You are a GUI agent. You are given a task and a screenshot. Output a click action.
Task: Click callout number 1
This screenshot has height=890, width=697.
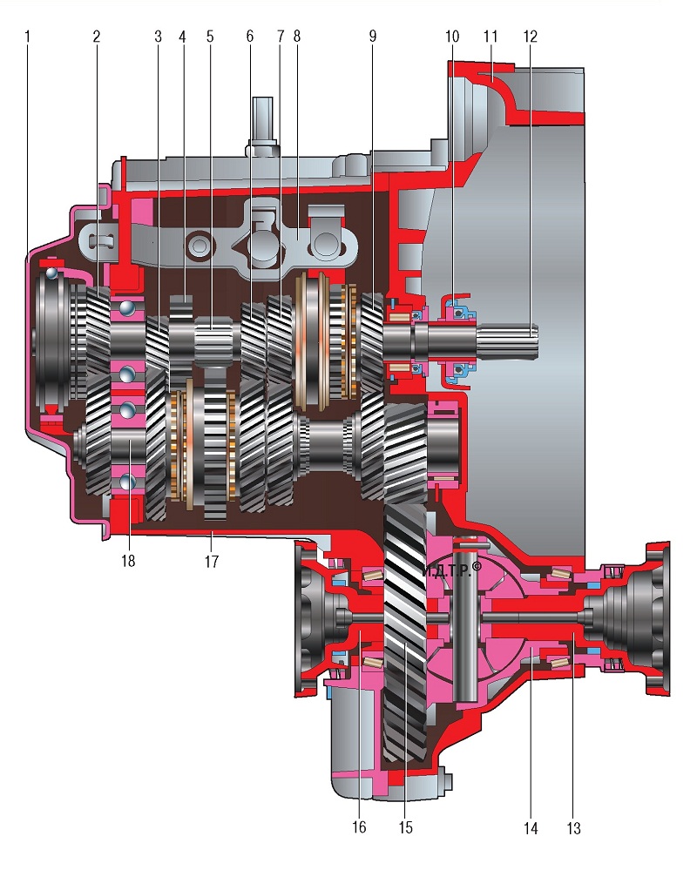[27, 37]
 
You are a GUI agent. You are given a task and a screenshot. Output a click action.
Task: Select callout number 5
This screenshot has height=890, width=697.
[210, 37]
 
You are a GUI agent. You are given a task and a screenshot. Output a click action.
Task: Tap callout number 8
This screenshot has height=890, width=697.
[296, 37]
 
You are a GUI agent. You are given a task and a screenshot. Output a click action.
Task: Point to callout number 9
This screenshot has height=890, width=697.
[373, 37]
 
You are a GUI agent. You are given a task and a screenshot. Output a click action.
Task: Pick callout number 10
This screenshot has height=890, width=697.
[451, 37]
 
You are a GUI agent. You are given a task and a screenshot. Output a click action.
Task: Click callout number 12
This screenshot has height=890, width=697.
[530, 37]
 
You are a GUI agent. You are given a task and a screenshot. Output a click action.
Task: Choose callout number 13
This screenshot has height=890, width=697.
[574, 828]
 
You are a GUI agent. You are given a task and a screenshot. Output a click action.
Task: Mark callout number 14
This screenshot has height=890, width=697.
[531, 828]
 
